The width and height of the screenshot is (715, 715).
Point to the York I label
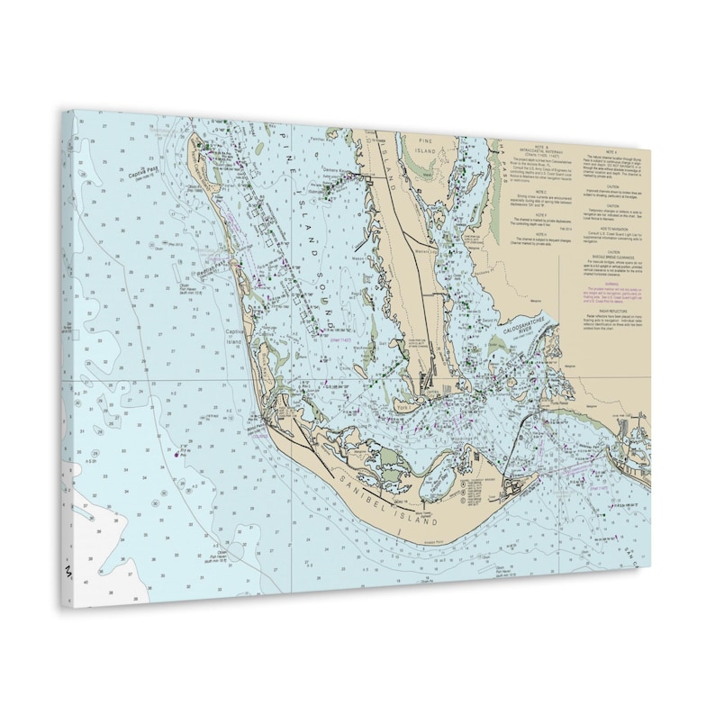(x=403, y=408)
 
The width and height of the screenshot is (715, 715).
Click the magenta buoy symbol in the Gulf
(x=176, y=454)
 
